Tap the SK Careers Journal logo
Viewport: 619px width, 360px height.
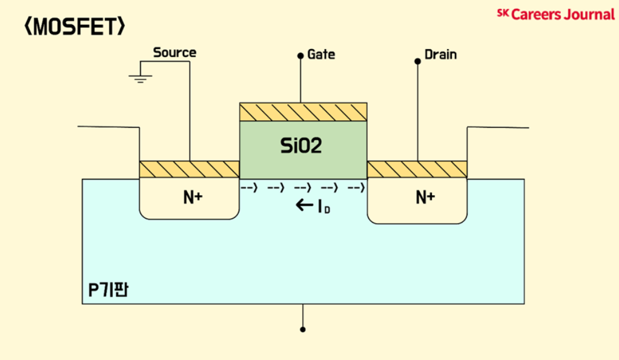[555, 14]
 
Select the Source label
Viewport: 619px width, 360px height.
[174, 53]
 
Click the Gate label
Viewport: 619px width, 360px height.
[321, 55]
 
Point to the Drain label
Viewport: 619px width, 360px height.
[440, 55]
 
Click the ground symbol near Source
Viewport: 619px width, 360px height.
[140, 78]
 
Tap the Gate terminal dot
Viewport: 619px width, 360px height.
[300, 55]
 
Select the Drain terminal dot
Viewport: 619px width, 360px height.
[417, 61]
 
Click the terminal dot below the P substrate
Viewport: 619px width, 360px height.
[303, 330]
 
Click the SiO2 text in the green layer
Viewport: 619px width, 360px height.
[301, 146]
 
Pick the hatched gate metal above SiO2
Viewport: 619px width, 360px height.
[303, 112]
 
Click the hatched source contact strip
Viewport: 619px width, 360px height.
[190, 169]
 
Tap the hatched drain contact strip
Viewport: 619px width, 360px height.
[417, 169]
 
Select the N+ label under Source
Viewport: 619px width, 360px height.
[193, 197]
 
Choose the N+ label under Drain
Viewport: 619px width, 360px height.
[425, 197]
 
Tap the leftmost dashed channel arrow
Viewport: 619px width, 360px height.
[250, 187]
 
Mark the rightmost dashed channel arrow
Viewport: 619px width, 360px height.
[356, 187]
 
